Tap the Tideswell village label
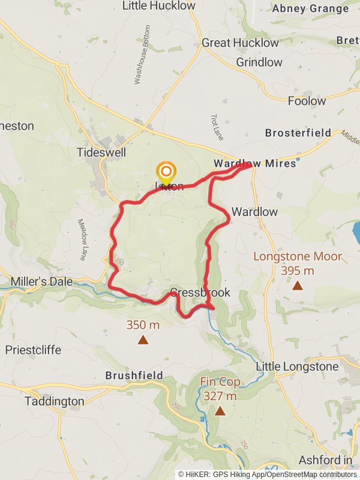(x=101, y=152)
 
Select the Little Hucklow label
(x=158, y=6)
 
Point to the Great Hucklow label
(x=240, y=43)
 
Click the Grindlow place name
(x=259, y=62)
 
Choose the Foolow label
(x=307, y=101)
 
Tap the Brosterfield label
(x=298, y=133)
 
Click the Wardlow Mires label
(x=254, y=163)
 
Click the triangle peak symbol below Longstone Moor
(x=298, y=286)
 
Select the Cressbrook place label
(x=200, y=293)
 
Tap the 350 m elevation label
(x=143, y=325)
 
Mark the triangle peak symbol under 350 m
(x=143, y=340)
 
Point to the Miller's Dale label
(x=41, y=281)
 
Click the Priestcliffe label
(x=33, y=350)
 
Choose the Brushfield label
(x=134, y=376)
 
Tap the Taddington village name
(x=55, y=401)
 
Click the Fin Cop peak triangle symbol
(x=220, y=411)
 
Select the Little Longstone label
(x=298, y=366)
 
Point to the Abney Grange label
(x=310, y=9)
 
